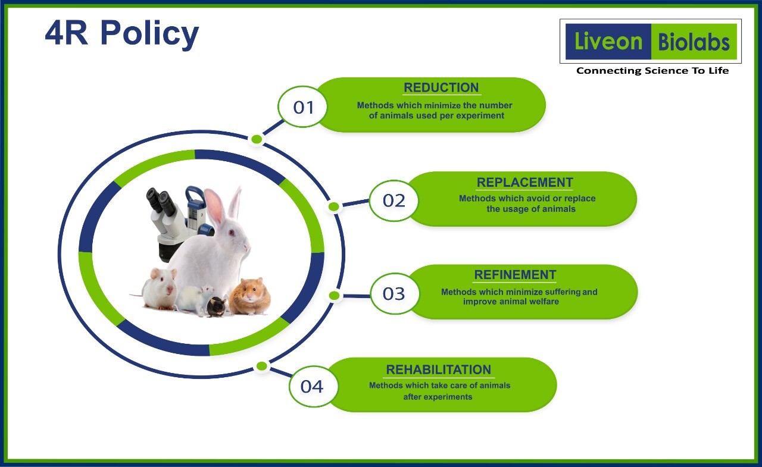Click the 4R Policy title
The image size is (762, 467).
click(x=122, y=34)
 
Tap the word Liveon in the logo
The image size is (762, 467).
click(x=608, y=42)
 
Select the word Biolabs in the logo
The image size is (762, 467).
click(x=694, y=42)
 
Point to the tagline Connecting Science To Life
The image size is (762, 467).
click(x=652, y=71)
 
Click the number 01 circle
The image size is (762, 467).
click(x=302, y=106)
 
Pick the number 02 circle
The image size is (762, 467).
click(x=394, y=200)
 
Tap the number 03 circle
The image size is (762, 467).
click(x=394, y=294)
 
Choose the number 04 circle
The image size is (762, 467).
click(x=312, y=387)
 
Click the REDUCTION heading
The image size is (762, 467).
click(x=441, y=87)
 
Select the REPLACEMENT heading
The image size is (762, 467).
click(x=525, y=183)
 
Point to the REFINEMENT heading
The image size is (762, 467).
click(x=516, y=275)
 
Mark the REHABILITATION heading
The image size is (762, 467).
click(x=439, y=369)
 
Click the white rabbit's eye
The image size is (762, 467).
click(x=232, y=233)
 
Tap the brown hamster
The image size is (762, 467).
click(x=250, y=296)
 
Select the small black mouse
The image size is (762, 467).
click(x=217, y=306)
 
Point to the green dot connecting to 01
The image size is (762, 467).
click(x=257, y=139)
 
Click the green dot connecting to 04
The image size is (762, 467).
click(x=261, y=366)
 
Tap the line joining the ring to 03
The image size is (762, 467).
click(x=357, y=296)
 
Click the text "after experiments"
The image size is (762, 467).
click(x=438, y=397)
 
